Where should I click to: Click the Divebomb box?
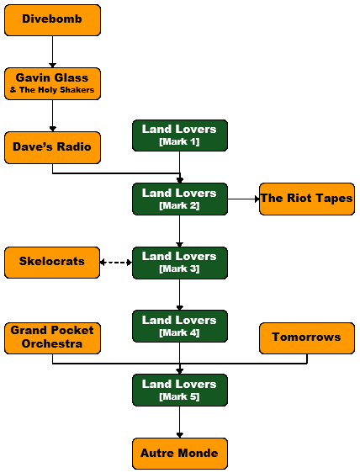(x=52, y=20)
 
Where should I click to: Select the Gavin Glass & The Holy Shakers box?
(x=52, y=83)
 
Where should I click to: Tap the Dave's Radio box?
(x=52, y=147)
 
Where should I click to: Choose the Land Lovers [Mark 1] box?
(x=180, y=136)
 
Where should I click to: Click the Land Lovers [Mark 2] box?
(x=180, y=199)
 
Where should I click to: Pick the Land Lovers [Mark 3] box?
(x=180, y=263)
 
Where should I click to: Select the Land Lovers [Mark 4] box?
(x=180, y=326)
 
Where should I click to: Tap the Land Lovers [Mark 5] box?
(x=180, y=390)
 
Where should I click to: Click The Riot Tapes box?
(x=307, y=199)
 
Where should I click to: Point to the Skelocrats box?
(x=52, y=263)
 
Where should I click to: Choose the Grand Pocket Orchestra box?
(x=52, y=338)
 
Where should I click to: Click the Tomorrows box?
(x=307, y=338)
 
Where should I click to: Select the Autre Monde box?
(x=180, y=454)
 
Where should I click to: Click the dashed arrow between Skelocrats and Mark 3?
(x=116, y=263)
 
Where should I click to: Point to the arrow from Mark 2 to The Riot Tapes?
(x=243, y=199)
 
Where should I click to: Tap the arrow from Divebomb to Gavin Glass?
(x=52, y=51)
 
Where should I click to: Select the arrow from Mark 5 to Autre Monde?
(x=180, y=422)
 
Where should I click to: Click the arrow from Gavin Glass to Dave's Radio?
(x=52, y=115)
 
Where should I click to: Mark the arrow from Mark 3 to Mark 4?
(x=180, y=295)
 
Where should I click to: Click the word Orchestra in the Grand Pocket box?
(x=52, y=344)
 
